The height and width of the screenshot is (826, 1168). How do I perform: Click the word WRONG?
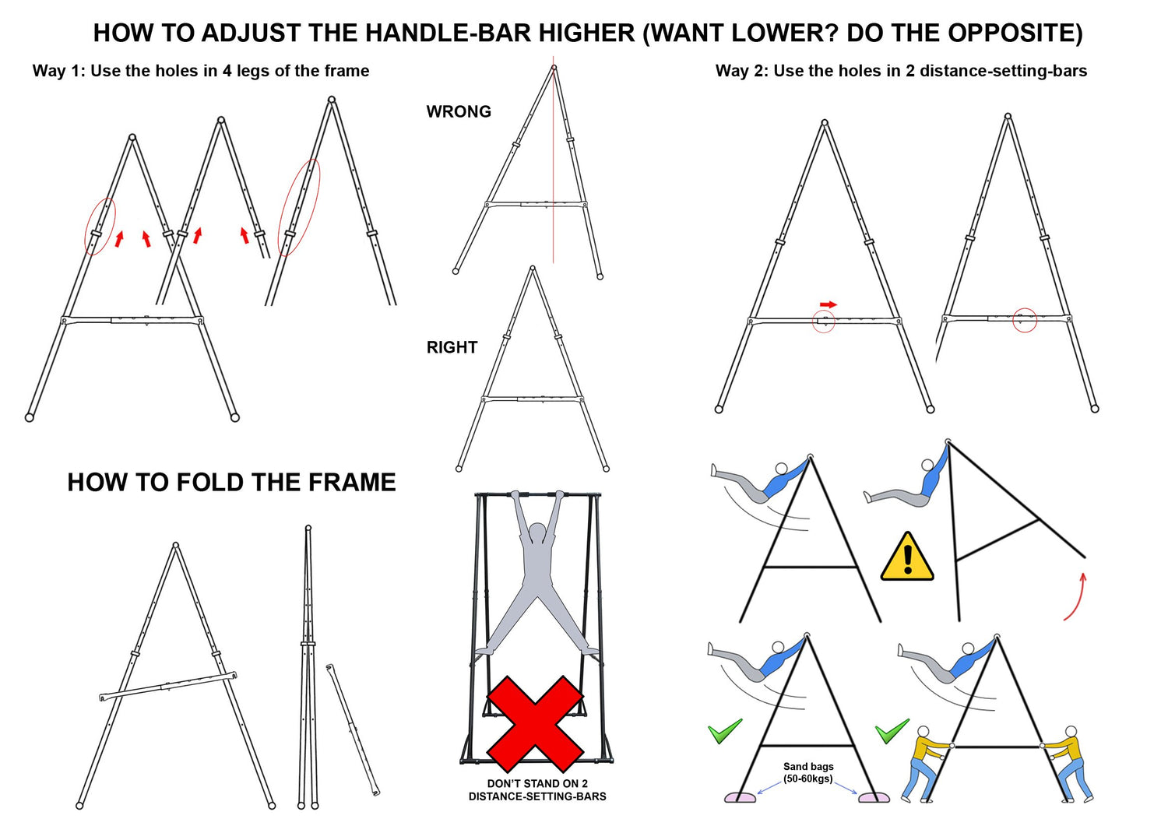pos(459,112)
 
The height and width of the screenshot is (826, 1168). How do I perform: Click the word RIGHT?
pos(452,348)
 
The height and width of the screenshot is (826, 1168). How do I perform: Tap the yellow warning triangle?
pos(907,558)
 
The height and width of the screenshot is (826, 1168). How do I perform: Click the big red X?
pos(535,723)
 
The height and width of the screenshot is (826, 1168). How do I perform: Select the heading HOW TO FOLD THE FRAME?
pos(231,483)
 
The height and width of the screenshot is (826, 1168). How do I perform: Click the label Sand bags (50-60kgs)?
pos(808,772)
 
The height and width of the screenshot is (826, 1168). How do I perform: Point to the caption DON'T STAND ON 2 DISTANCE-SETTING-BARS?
pos(537,790)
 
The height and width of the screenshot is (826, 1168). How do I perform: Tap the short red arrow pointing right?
pos(829,304)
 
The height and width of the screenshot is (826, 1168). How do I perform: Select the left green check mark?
pos(724,731)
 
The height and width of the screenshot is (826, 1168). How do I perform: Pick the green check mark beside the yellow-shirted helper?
pos(892,731)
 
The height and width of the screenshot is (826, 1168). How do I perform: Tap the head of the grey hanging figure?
pos(537,533)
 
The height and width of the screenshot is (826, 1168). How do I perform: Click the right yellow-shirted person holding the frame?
pos(1068,763)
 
